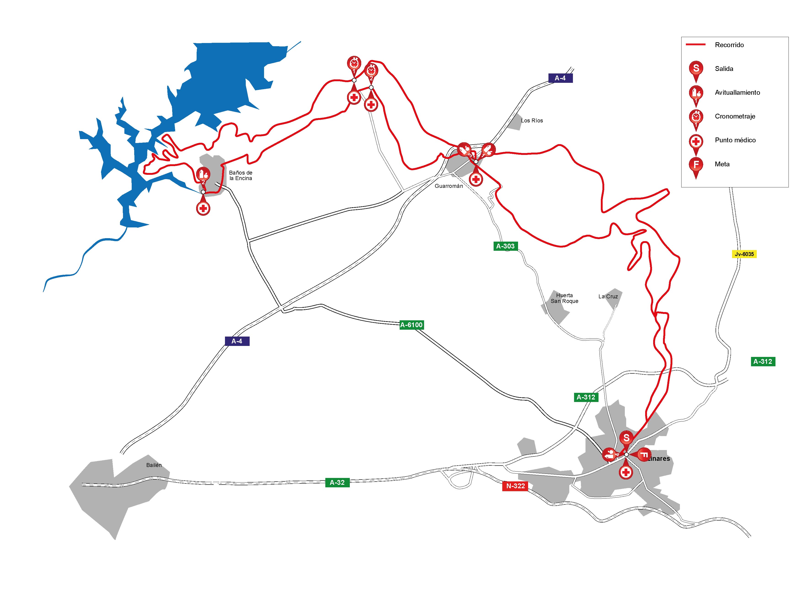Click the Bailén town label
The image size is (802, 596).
point(154,465)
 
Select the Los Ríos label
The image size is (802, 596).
point(532,121)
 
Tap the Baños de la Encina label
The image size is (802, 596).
point(241,175)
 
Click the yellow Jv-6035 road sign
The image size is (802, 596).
point(744,254)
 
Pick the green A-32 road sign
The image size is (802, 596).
point(337,482)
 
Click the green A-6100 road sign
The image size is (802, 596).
point(411,325)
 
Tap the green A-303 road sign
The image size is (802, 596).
point(505,246)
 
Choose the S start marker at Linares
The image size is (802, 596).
point(626,438)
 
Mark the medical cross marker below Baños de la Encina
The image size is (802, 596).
point(203,208)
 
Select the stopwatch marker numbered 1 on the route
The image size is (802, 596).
point(354,64)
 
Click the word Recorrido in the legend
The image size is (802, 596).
point(729,45)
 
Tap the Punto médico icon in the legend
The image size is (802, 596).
point(696,141)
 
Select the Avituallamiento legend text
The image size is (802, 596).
point(737,92)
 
